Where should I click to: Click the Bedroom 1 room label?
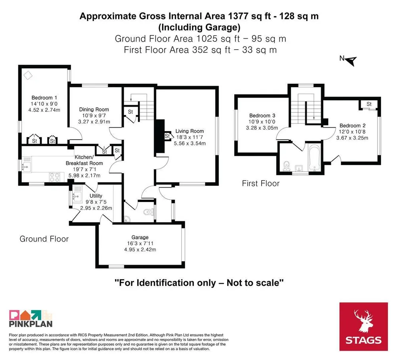click(x=44, y=98)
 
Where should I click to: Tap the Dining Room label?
click(x=94, y=110)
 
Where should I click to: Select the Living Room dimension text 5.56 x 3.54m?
click(x=190, y=143)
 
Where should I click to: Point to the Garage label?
click(x=140, y=237)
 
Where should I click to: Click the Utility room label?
click(x=96, y=196)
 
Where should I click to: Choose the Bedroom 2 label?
click(x=353, y=125)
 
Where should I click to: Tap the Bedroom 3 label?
click(x=262, y=116)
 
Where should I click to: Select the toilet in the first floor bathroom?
click(x=286, y=166)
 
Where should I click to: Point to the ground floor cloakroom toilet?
click(x=148, y=212)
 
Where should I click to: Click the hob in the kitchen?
click(x=55, y=177)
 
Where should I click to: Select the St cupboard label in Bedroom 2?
click(x=369, y=104)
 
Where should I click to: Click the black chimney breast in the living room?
click(x=160, y=136)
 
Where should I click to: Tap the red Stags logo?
click(x=363, y=327)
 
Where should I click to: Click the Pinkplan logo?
click(x=31, y=318)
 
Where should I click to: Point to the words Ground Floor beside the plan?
click(x=44, y=239)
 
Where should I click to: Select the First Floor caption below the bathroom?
click(x=260, y=183)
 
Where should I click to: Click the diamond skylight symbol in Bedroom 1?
click(x=28, y=75)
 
